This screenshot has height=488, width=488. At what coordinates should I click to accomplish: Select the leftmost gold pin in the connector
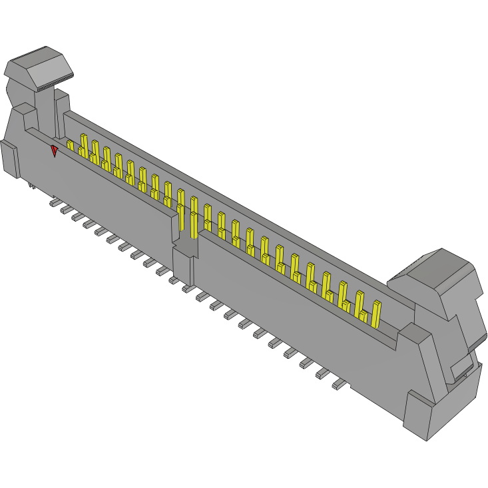coord(70,145)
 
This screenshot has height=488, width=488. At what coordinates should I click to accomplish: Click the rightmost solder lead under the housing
coord(339,385)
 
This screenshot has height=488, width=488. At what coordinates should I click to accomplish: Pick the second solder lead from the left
coord(66,210)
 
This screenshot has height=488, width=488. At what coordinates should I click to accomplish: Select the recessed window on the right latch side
coord(463,368)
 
